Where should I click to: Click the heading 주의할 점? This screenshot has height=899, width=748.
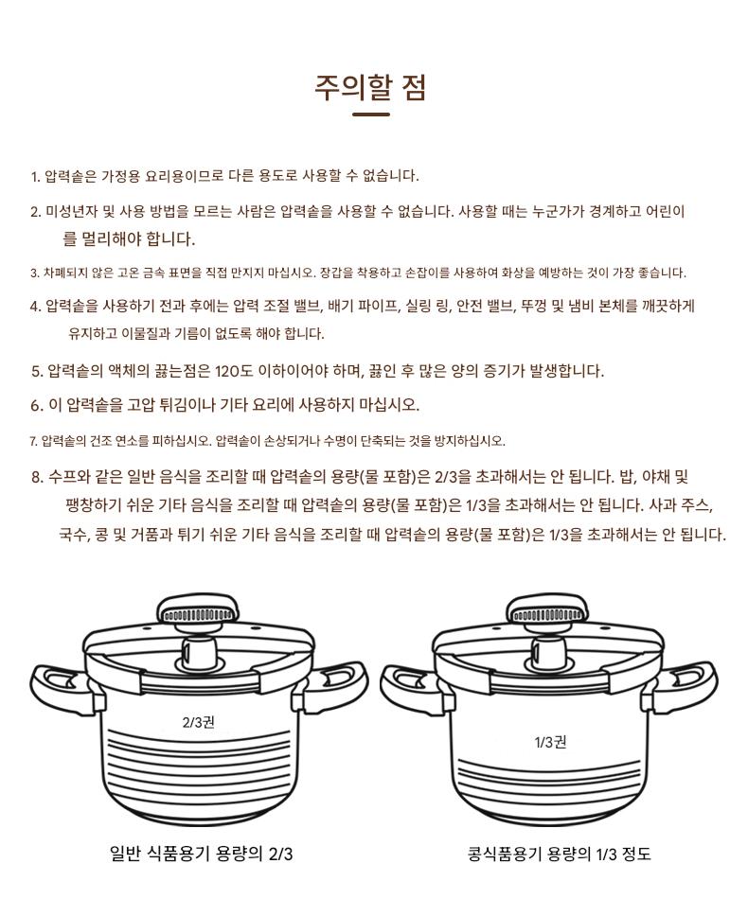coord(370,88)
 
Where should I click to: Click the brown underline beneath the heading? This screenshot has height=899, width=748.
coord(370,115)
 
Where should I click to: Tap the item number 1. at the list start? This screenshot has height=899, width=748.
coord(35,176)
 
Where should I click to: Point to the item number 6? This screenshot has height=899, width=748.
coord(37,405)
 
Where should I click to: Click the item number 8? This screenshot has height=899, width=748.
coord(38,477)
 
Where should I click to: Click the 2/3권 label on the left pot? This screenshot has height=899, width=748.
coord(199,722)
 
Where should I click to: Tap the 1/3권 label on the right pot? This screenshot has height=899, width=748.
coord(551,743)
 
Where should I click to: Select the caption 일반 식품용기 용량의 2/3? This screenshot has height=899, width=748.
coord(201,854)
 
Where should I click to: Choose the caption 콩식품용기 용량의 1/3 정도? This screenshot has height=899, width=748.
coord(560,854)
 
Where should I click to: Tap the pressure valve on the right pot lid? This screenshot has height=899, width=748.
coord(548,652)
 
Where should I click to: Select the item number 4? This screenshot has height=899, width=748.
coord(36,307)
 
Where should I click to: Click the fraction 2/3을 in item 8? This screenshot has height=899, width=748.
coord(453,477)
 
